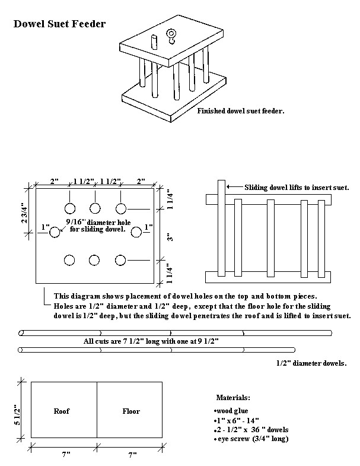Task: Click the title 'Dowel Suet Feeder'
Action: click(59, 24)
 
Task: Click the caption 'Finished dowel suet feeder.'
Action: click(241, 110)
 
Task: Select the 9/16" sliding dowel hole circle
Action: click(55, 232)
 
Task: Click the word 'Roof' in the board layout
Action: click(62, 411)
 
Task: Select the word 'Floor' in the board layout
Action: click(131, 411)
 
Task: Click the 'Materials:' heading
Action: click(233, 397)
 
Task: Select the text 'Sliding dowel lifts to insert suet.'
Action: click(297, 187)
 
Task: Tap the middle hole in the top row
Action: click(95, 208)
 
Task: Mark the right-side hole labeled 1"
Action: click(136, 232)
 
